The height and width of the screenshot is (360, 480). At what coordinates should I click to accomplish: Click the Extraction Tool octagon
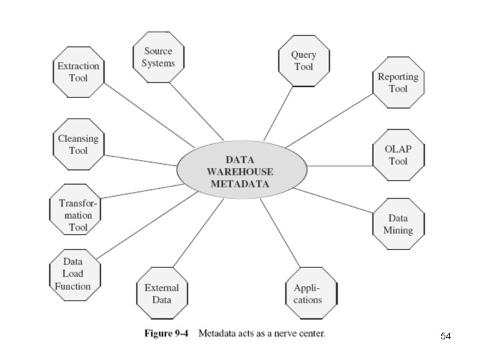[78, 72]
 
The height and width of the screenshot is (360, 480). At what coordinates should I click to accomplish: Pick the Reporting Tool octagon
[398, 82]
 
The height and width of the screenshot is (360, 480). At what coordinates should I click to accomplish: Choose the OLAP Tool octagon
[398, 155]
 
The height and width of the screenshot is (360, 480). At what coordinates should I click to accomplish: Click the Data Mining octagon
[398, 224]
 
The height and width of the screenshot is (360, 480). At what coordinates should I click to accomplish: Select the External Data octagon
[162, 293]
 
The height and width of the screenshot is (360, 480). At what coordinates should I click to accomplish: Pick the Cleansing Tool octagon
[78, 144]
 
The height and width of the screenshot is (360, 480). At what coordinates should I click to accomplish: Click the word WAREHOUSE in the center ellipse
[241, 172]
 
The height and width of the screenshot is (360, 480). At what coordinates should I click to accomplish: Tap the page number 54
[445, 337]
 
